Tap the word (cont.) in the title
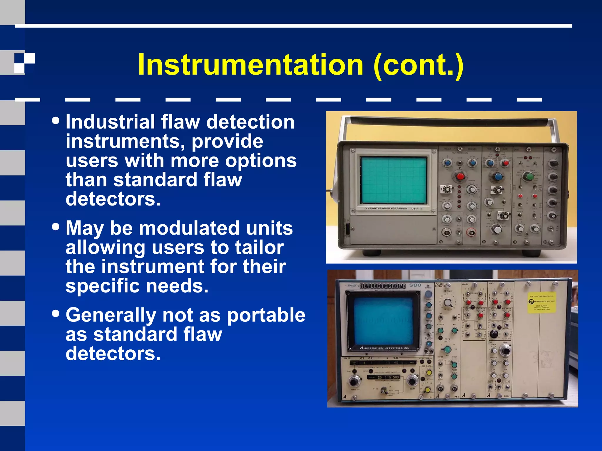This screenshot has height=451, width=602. click(x=419, y=65)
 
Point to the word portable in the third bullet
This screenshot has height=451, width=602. click(x=266, y=315)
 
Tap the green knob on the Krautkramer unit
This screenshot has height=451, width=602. click(x=529, y=176)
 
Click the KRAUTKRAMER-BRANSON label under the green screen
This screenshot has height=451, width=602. click(x=387, y=208)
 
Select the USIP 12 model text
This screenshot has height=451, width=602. click(x=417, y=208)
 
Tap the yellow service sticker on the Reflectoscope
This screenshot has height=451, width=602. click(x=541, y=302)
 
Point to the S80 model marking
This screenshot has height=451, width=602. click(x=415, y=285)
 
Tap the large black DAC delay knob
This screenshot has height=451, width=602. click(x=506, y=351)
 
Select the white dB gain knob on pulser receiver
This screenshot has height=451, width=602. click(x=448, y=303)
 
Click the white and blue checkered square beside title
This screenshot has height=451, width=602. click(x=24, y=63)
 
